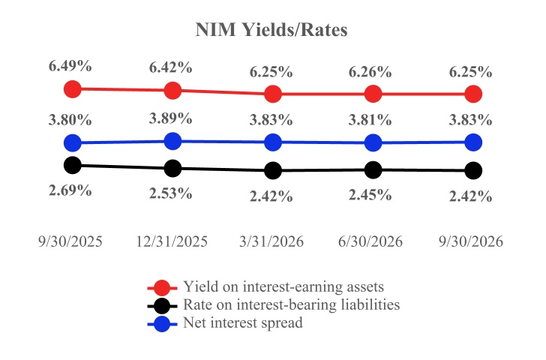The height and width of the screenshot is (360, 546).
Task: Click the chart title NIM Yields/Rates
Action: (x=271, y=30)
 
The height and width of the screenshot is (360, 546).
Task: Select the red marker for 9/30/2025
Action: (x=73, y=88)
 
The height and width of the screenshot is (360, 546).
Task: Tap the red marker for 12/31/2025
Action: (x=172, y=91)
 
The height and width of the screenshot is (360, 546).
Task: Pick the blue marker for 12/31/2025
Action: (x=172, y=141)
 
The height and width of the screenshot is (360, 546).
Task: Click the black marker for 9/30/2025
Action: (x=73, y=165)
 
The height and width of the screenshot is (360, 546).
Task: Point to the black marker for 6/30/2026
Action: (x=373, y=170)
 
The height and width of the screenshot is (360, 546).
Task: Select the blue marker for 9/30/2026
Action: (x=473, y=142)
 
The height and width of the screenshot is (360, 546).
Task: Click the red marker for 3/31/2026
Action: (x=273, y=94)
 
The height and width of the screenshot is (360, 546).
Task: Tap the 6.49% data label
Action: (x=70, y=66)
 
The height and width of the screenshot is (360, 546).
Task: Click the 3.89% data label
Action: (x=171, y=118)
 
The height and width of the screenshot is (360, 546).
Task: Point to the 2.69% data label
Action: (x=70, y=190)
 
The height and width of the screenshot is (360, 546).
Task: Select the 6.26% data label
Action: (x=370, y=72)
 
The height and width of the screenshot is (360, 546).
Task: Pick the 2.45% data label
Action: (x=370, y=195)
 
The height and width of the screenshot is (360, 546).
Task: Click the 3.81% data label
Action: (x=370, y=120)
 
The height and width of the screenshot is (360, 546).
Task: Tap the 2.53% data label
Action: (x=171, y=193)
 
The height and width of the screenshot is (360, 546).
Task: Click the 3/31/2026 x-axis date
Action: (x=271, y=241)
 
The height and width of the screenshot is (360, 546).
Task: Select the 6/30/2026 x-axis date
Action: (x=370, y=241)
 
